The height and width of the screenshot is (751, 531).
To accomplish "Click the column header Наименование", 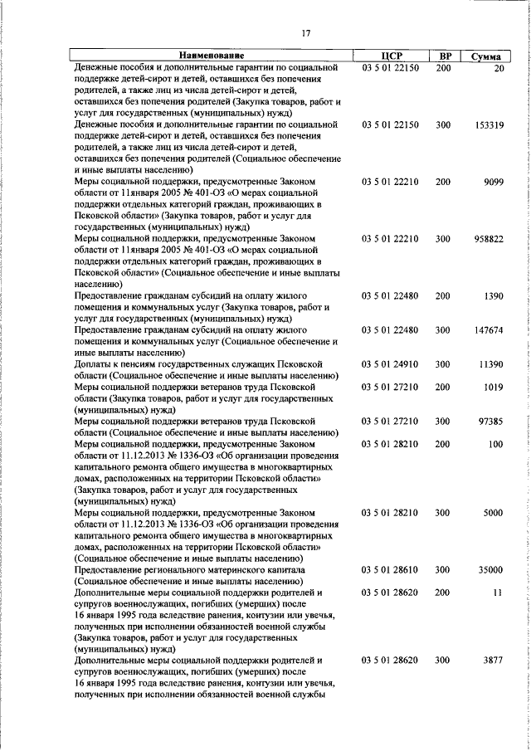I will [211, 56].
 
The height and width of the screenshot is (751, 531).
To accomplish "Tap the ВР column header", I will [443, 56].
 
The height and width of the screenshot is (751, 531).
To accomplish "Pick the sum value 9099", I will [492, 182].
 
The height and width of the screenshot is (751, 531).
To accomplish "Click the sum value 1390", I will [493, 296].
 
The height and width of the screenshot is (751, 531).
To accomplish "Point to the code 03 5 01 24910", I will [390, 364].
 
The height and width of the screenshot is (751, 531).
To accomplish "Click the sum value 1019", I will [493, 387].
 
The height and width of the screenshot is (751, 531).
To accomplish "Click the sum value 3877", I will [493, 661].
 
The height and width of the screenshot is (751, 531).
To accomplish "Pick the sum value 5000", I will [493, 514].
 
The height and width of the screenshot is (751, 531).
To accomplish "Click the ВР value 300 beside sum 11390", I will [443, 364].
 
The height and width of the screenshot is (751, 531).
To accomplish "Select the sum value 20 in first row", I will [498, 67].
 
